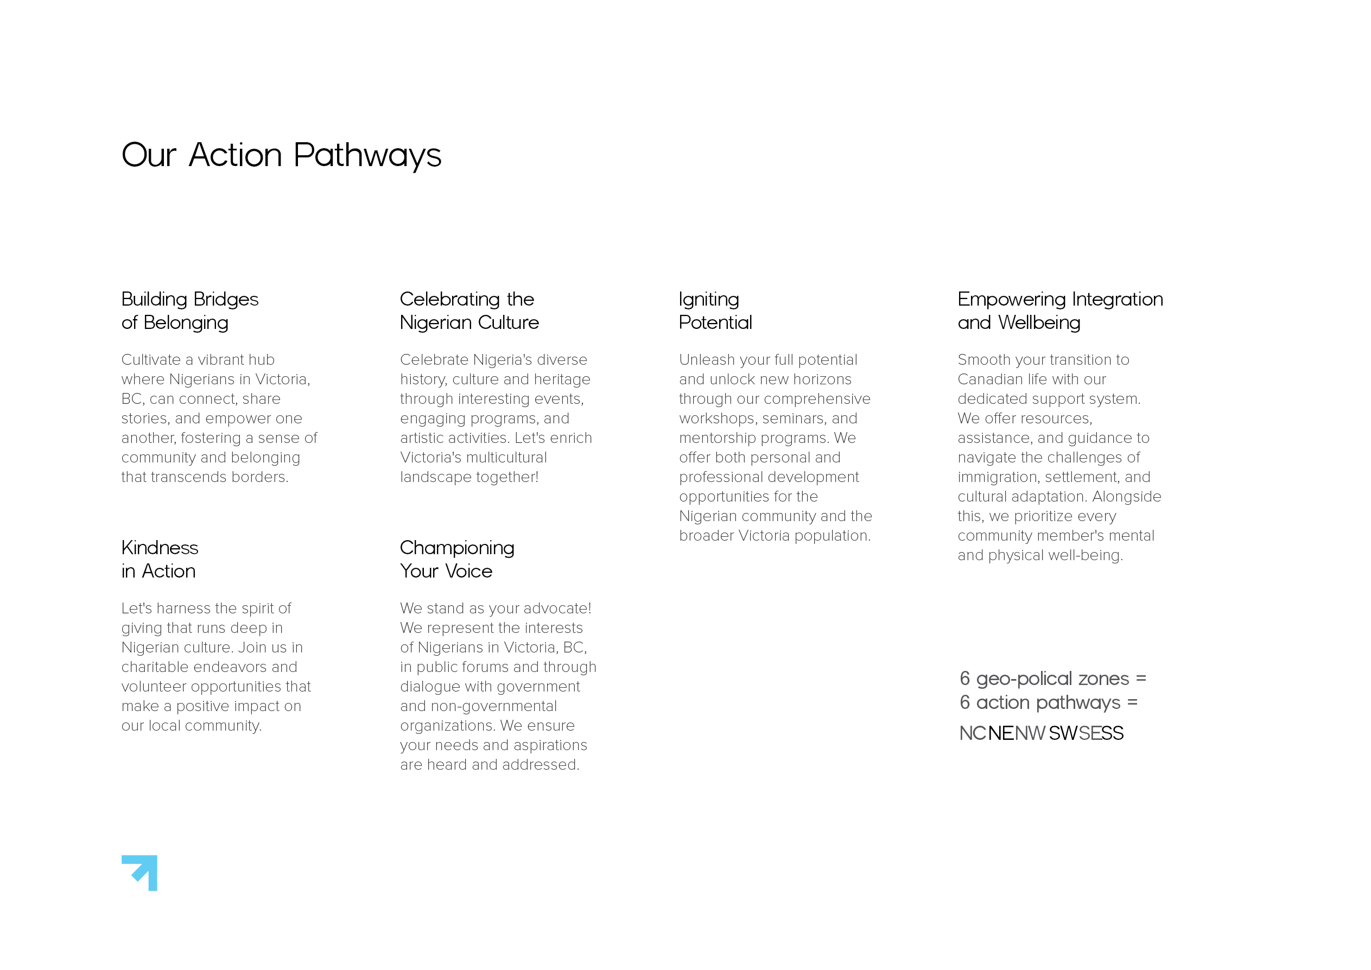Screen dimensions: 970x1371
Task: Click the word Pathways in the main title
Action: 367,156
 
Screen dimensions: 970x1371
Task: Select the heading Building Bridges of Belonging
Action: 189,310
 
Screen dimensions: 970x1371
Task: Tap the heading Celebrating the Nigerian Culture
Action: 469,310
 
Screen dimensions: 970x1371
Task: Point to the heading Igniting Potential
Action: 715,310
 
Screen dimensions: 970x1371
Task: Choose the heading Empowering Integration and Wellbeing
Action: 1060,310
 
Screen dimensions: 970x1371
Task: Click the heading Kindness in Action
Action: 160,559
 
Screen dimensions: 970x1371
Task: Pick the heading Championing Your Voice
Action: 457,559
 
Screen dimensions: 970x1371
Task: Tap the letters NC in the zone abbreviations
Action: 972,733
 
